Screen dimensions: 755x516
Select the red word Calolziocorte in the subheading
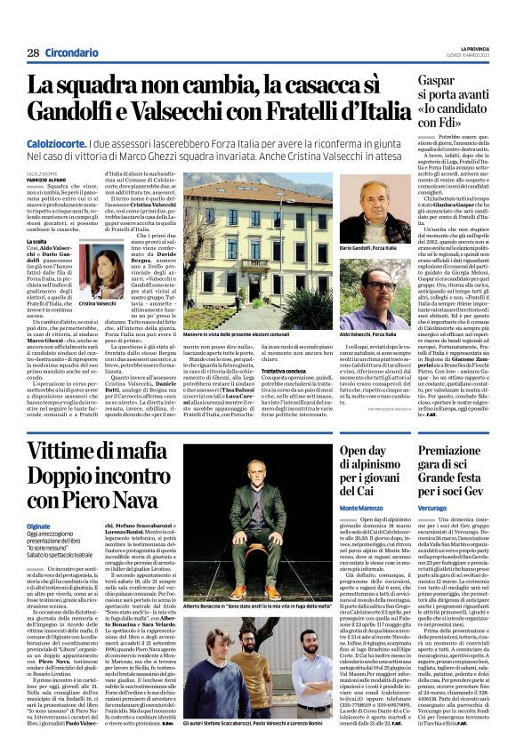(x=57, y=141)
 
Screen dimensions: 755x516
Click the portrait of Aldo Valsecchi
(x=364, y=292)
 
